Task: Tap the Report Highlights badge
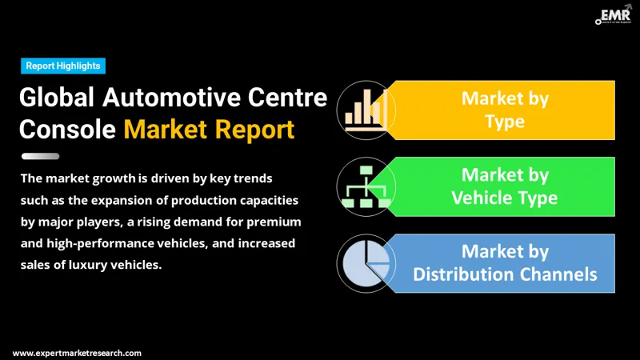[x=62, y=66]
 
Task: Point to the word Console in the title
[x=66, y=128]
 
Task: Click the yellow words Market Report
[x=209, y=128]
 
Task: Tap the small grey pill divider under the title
[x=41, y=156]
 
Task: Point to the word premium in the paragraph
[x=274, y=221]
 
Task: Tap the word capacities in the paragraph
[x=258, y=199]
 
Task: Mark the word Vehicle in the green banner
[x=487, y=198]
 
